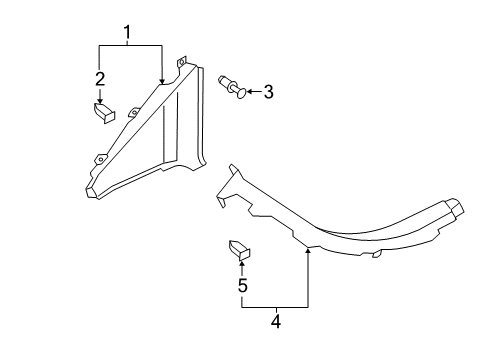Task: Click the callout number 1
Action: click(x=127, y=32)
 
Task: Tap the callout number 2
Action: click(x=100, y=79)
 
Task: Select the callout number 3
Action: click(x=268, y=92)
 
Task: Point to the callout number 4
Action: click(x=276, y=321)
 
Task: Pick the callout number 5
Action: click(x=243, y=285)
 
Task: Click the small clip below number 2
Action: click(x=104, y=113)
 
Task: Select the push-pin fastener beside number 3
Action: click(x=232, y=87)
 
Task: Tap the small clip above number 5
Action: click(x=239, y=250)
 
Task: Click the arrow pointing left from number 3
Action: click(x=254, y=91)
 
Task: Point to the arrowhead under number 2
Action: click(x=100, y=100)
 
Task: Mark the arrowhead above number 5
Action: click(x=242, y=264)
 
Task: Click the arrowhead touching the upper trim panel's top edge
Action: click(x=162, y=81)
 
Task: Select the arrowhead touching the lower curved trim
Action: click(x=308, y=250)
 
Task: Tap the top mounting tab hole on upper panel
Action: click(x=182, y=62)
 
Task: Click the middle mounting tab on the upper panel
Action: click(x=134, y=112)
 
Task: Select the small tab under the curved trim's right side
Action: click(x=377, y=254)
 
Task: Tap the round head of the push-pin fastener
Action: click(x=242, y=93)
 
